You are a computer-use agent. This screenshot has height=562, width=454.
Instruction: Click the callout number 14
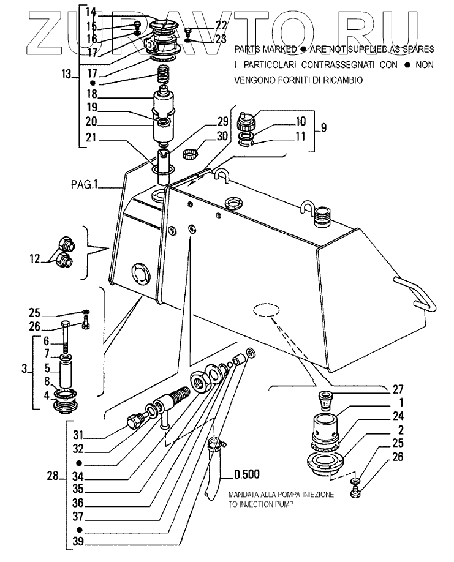coord(90,12)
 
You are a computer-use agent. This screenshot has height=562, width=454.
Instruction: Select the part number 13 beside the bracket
coord(66,74)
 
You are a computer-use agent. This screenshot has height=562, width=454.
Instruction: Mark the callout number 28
coord(52,475)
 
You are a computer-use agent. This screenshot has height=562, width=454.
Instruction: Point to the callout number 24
coord(399,416)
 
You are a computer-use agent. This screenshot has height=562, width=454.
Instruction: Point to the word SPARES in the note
coord(418,48)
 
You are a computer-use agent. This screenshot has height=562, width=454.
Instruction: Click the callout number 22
coord(221,25)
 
